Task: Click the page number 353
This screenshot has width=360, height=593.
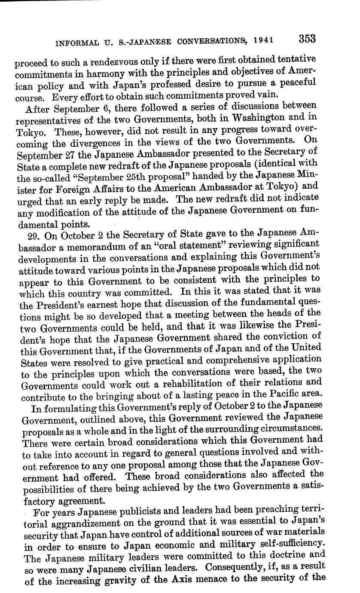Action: coord(307,39)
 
